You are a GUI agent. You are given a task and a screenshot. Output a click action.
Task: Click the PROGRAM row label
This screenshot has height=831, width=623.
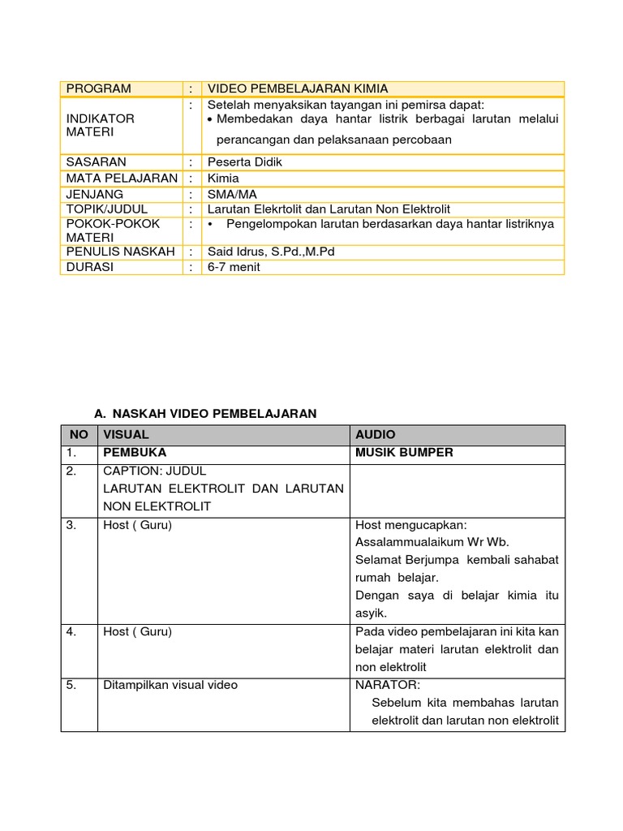tap(98, 88)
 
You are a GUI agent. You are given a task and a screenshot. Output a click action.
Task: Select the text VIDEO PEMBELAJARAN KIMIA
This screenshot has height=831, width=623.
tap(298, 88)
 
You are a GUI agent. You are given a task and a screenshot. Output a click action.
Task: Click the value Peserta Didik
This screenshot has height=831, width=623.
tap(245, 162)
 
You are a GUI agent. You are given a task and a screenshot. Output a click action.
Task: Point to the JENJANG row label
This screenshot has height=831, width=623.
tap(95, 194)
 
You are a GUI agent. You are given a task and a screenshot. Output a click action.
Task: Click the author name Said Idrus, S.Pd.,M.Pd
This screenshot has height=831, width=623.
tap(271, 252)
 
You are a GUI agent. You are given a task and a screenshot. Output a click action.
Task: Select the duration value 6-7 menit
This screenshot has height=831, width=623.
tap(234, 267)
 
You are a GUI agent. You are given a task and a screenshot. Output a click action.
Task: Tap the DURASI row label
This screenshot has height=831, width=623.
tap(90, 267)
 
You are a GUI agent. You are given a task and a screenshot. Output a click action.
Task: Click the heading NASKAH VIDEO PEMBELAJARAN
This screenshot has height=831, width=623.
tap(213, 414)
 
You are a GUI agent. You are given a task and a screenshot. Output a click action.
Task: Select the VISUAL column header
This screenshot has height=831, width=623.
tap(126, 435)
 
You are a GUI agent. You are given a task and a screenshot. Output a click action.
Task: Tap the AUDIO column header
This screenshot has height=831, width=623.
tap(376, 435)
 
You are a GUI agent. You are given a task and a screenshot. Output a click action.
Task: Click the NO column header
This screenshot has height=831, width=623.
tap(79, 435)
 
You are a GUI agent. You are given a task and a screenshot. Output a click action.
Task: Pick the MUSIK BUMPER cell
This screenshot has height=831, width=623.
tap(404, 453)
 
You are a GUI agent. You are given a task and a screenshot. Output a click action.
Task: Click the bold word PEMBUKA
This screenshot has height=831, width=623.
tap(135, 453)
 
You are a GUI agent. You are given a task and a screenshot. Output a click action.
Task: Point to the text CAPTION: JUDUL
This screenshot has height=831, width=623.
tap(155, 471)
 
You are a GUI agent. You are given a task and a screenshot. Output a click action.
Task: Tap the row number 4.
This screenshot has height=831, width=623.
tap(72, 631)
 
